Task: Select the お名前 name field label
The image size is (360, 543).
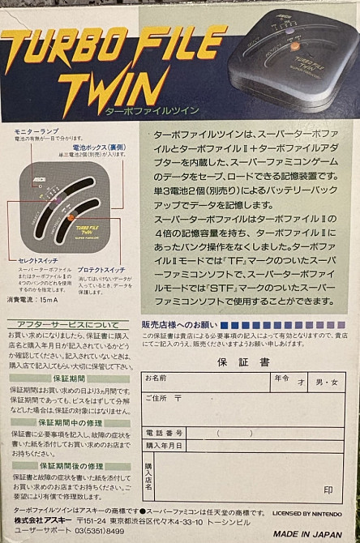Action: [156, 378]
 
